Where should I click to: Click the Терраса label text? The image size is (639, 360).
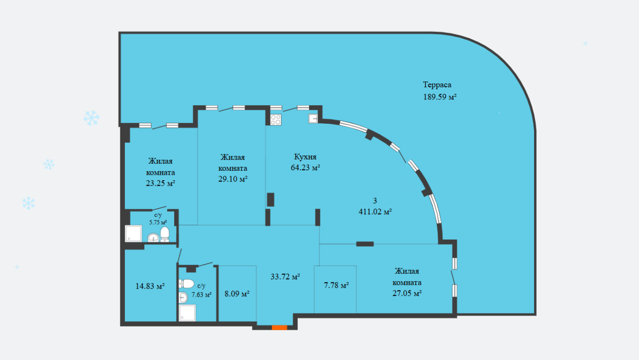[437, 85]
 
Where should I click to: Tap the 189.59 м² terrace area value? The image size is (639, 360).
[440, 97]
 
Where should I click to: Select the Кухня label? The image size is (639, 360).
[305, 157]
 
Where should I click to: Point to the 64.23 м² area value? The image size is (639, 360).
[305, 167]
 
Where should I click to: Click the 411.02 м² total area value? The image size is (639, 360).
[375, 212]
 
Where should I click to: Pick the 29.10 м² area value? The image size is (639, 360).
[233, 179]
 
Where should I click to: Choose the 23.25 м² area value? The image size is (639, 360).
[160, 183]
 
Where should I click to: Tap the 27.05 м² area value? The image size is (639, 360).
[407, 293]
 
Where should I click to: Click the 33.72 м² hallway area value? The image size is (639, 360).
[285, 277]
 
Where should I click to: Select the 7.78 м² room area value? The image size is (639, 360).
[336, 285]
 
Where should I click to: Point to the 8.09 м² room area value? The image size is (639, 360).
[237, 294]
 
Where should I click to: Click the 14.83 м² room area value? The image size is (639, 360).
[150, 286]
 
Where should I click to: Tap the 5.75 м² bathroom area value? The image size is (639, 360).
[158, 222]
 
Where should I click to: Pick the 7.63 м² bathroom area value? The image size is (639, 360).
[201, 295]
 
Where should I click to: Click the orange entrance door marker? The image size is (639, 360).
[279, 328]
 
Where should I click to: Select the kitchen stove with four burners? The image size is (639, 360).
[276, 119]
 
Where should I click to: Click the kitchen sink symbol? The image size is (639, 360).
[313, 118]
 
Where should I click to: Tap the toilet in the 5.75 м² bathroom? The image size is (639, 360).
[165, 234]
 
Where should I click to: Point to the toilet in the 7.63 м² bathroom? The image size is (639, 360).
[186, 284]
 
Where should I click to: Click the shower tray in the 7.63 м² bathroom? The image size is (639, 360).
[187, 313]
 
